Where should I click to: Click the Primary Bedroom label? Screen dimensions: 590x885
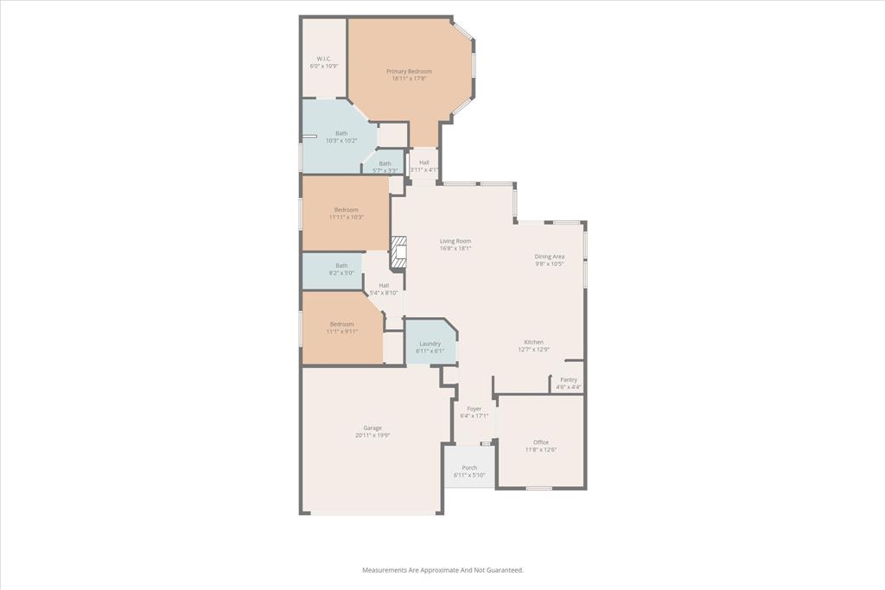(409, 72)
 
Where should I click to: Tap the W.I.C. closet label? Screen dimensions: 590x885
(324, 59)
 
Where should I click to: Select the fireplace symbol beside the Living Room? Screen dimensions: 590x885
(398, 253)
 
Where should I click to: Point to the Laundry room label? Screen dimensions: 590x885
(430, 344)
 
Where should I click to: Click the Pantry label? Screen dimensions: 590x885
(568, 380)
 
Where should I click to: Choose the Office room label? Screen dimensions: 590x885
(541, 442)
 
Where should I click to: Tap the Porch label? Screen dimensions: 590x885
(469, 468)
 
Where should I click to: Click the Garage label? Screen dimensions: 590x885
(372, 428)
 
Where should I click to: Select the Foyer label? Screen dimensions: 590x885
(474, 409)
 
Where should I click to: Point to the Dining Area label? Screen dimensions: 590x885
(549, 257)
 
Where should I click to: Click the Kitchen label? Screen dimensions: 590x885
(533, 342)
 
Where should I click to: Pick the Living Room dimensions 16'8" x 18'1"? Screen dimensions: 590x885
(455, 249)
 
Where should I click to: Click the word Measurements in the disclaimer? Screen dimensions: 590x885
(385, 570)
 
